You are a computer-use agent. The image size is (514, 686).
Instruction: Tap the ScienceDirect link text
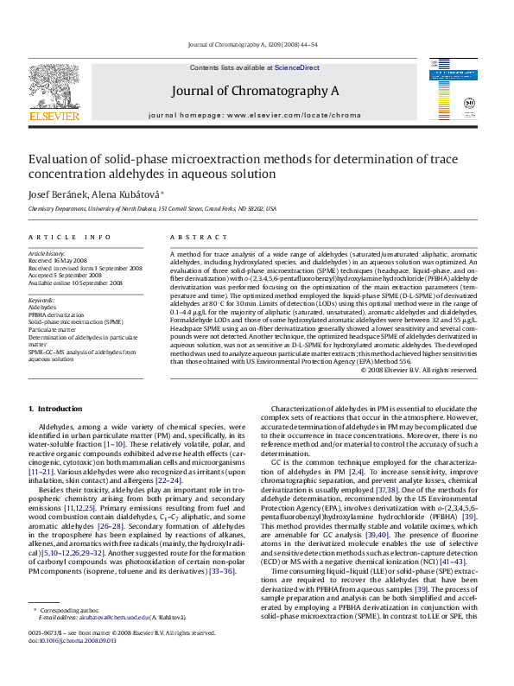(296, 67)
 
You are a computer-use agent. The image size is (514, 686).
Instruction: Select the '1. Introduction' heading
(58, 407)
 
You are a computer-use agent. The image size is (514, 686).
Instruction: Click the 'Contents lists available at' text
(232, 67)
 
